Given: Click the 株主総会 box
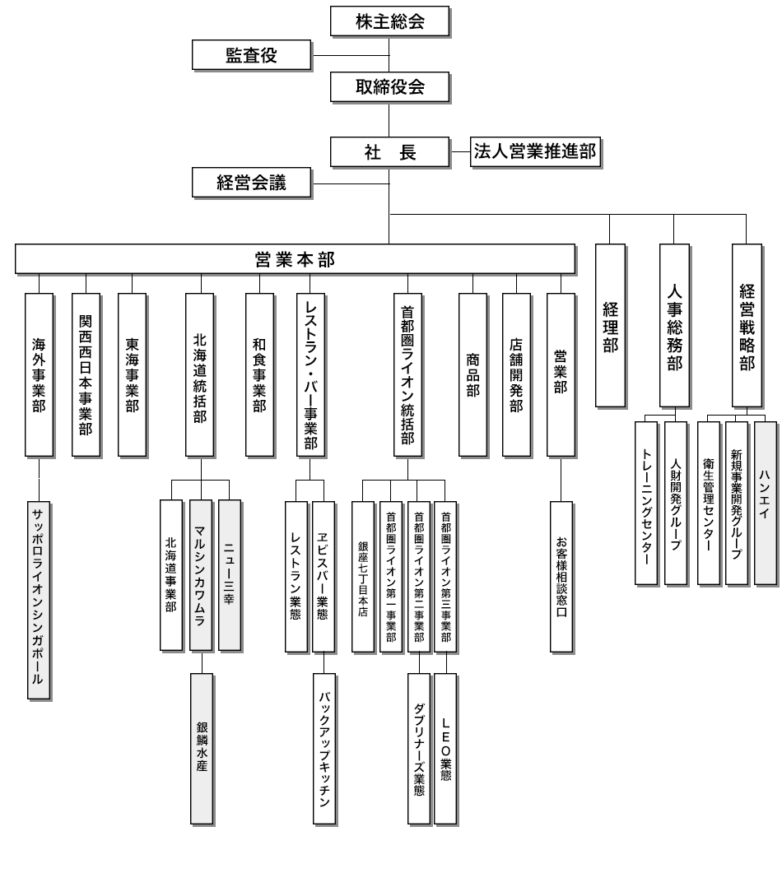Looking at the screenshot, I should (x=390, y=21).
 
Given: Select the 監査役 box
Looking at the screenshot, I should (x=251, y=55).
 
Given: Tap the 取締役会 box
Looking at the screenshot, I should (x=390, y=86).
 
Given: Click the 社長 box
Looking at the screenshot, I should (x=390, y=152).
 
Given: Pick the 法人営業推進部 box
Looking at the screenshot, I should (x=534, y=151).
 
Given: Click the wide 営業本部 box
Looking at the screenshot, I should (x=295, y=260).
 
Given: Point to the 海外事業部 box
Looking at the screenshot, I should (x=39, y=374).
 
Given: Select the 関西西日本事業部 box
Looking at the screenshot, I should (x=86, y=374).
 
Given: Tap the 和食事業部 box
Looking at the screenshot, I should (x=259, y=374).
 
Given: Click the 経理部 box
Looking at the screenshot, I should (x=610, y=325).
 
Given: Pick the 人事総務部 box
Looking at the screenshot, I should (x=674, y=325).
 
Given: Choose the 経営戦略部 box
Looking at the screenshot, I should (x=747, y=325).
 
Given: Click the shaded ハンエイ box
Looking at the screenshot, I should (x=766, y=502).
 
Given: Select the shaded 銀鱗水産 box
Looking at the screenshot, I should (x=202, y=745).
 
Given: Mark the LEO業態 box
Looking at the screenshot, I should (x=445, y=749).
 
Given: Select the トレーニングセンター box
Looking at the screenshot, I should (x=646, y=502).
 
